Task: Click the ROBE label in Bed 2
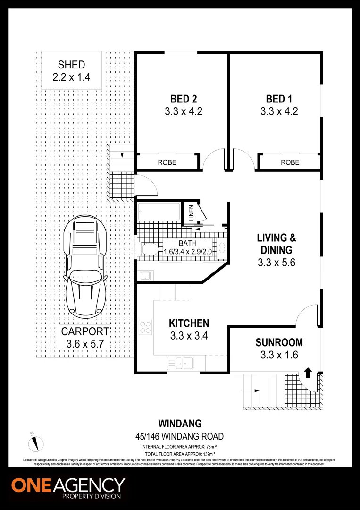tap(167, 162)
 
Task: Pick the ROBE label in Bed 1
tap(290, 162)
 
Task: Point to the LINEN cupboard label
tap(192, 212)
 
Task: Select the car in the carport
tap(85, 267)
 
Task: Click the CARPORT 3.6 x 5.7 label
tap(85, 338)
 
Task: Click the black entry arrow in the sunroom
tap(308, 372)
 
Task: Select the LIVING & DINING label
tap(276, 250)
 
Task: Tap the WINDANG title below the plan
tap(180, 424)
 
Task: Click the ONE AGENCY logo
tap(68, 488)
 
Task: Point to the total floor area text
tap(180, 453)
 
